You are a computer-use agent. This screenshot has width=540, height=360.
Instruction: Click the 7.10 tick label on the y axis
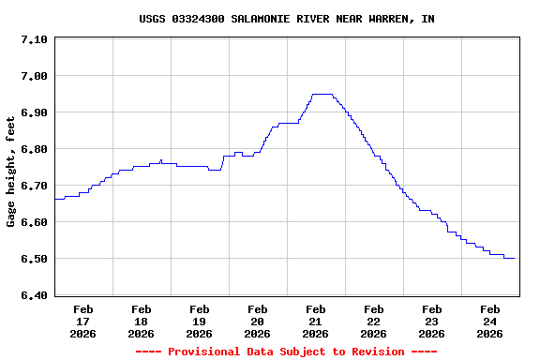[34, 39]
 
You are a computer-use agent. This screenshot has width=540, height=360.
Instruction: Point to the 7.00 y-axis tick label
[34, 76]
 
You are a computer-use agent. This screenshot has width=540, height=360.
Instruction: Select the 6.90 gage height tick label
[34, 112]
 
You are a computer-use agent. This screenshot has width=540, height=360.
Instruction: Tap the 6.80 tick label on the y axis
[34, 149]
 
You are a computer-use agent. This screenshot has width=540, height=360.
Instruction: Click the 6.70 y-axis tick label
[34, 186]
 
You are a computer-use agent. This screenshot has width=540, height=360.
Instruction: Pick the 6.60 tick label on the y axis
[34, 222]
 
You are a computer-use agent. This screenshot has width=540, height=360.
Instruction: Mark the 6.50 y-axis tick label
[34, 259]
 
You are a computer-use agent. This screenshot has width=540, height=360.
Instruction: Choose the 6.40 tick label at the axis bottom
[34, 295]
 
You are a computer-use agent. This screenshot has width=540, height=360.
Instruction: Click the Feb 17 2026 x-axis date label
[82, 321]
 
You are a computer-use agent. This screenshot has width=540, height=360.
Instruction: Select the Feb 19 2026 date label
[199, 321]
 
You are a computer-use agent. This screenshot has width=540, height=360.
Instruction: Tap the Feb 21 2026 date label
[315, 321]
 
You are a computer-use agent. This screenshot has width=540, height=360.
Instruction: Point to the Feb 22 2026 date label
[373, 321]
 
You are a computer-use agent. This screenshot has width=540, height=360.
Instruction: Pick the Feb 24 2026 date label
[489, 321]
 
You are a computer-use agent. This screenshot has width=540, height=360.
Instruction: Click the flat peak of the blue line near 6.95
[322, 94]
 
